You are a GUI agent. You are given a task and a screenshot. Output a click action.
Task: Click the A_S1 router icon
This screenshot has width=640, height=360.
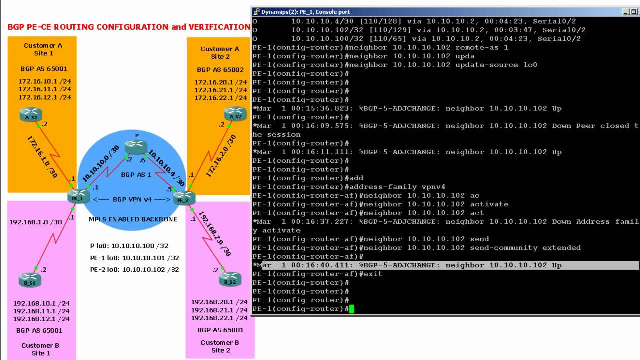(31, 115)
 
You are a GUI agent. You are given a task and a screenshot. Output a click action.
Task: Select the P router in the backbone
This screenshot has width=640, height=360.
(136, 146)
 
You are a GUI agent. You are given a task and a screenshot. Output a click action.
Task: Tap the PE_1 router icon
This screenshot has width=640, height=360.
(78, 196)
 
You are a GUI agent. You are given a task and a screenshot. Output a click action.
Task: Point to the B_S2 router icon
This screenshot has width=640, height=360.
(230, 279)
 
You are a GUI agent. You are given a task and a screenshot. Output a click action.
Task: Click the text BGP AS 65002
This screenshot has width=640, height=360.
(220, 70)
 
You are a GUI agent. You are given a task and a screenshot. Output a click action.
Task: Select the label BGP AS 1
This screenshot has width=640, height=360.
(136, 175)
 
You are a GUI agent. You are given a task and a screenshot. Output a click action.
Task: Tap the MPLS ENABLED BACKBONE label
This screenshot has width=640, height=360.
(133, 219)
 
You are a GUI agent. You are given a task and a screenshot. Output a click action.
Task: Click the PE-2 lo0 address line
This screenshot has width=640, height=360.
(134, 270)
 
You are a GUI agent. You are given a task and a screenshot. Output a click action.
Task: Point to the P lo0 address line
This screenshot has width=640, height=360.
(129, 246)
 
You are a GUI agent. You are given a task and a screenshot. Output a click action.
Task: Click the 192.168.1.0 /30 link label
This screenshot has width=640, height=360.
(36, 222)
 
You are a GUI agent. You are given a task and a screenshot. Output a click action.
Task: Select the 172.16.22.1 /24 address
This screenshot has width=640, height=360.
(220, 98)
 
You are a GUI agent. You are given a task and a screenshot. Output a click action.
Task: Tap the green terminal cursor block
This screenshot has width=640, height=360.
(352, 309)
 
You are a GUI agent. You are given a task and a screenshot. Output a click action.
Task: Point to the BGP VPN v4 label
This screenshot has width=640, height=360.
(132, 200)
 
